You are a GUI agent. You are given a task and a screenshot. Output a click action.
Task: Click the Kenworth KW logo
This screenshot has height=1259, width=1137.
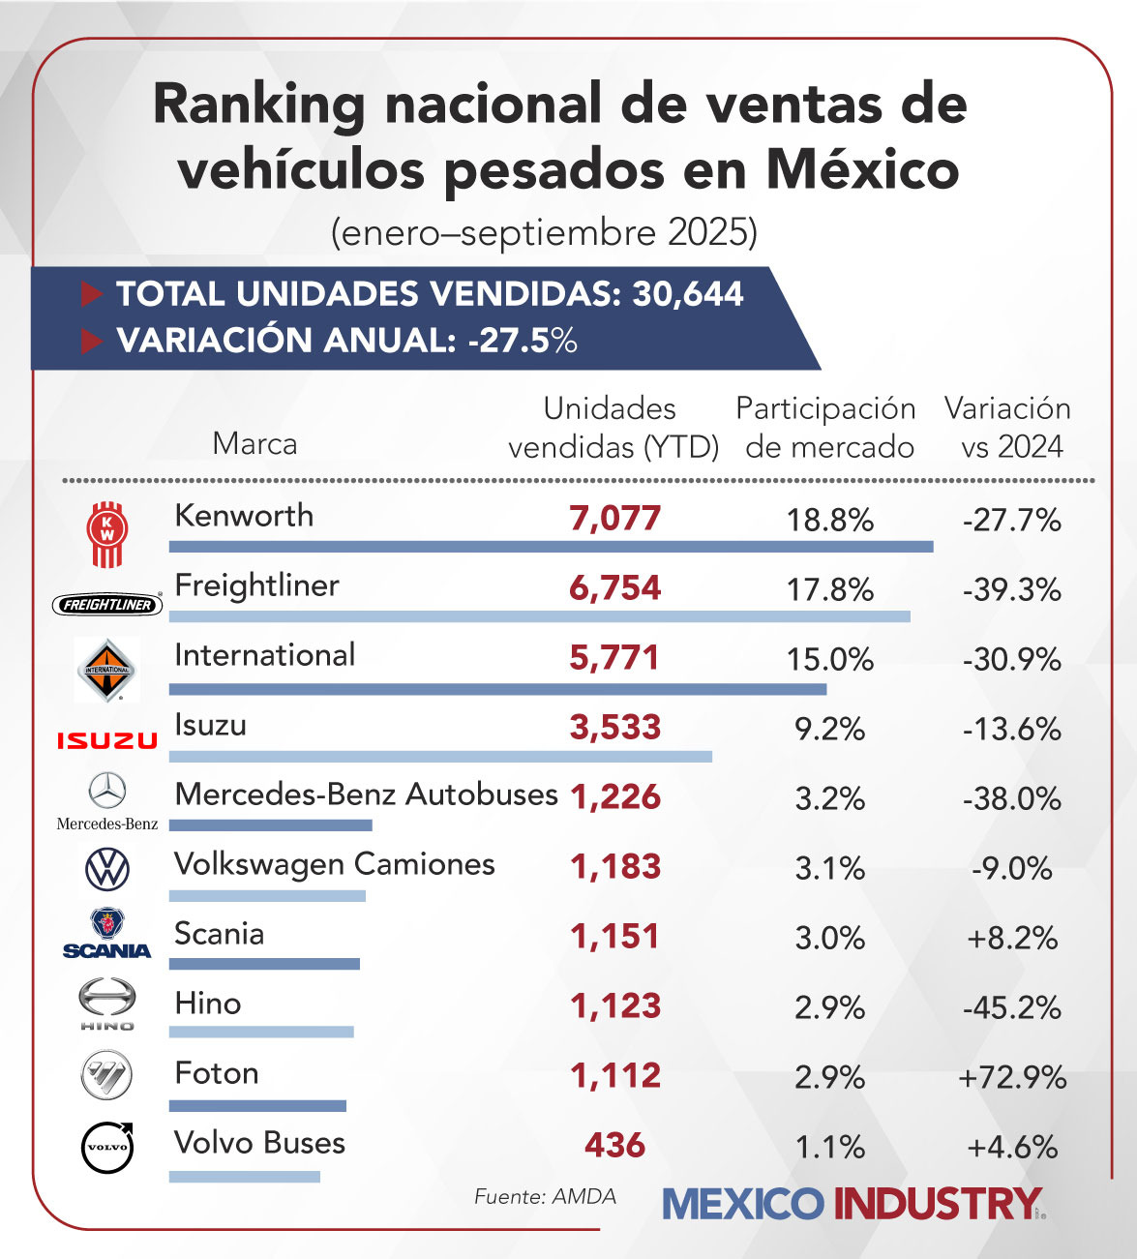point(107,533)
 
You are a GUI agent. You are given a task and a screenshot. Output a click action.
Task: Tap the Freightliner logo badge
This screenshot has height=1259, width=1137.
point(107,604)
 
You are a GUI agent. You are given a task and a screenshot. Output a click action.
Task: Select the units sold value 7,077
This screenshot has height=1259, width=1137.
point(614,519)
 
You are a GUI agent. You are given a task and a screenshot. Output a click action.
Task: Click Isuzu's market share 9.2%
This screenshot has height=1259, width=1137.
point(829,729)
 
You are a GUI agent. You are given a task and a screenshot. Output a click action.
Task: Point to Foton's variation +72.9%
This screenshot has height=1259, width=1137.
point(1012,1077)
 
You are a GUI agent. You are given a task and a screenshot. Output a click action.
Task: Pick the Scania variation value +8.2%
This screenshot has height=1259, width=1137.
point(1012,938)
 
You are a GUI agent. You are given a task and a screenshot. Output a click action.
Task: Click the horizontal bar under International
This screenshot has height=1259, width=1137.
point(497,689)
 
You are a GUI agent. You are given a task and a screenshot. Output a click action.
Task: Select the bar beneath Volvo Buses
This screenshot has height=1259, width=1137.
point(244,1177)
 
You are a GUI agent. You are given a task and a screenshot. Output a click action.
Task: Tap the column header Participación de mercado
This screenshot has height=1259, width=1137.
point(826,427)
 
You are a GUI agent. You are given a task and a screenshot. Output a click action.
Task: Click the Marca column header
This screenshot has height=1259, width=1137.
point(254,443)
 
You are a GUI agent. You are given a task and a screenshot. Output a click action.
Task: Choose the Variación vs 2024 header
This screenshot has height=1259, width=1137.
point(1008,427)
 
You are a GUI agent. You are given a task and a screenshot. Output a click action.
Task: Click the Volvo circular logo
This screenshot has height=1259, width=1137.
point(107,1147)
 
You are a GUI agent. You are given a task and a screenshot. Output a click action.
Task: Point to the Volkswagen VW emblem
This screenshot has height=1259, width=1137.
point(107,868)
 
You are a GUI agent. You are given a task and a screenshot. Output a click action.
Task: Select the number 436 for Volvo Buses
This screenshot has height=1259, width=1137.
point(614,1146)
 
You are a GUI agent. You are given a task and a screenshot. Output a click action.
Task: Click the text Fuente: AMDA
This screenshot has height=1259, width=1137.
point(545,1196)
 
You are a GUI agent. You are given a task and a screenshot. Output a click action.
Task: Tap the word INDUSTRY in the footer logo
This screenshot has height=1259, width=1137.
point(937,1204)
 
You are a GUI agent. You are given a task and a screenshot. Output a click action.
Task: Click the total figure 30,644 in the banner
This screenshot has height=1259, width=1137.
point(687,294)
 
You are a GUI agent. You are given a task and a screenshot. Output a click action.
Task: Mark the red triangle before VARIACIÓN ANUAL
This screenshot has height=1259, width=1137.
point(92,341)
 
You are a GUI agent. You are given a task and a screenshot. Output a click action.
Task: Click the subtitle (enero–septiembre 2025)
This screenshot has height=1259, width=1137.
point(544,233)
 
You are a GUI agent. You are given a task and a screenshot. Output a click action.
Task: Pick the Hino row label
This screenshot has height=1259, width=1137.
point(208,1003)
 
